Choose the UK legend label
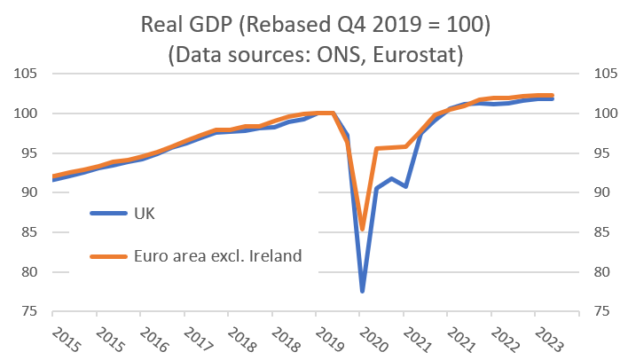click(x=147, y=213)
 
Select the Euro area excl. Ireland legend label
click(x=219, y=256)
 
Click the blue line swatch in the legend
click(x=111, y=213)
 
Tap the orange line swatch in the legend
click(x=111, y=257)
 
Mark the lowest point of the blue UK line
click(x=362, y=291)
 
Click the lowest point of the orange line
click(x=362, y=230)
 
